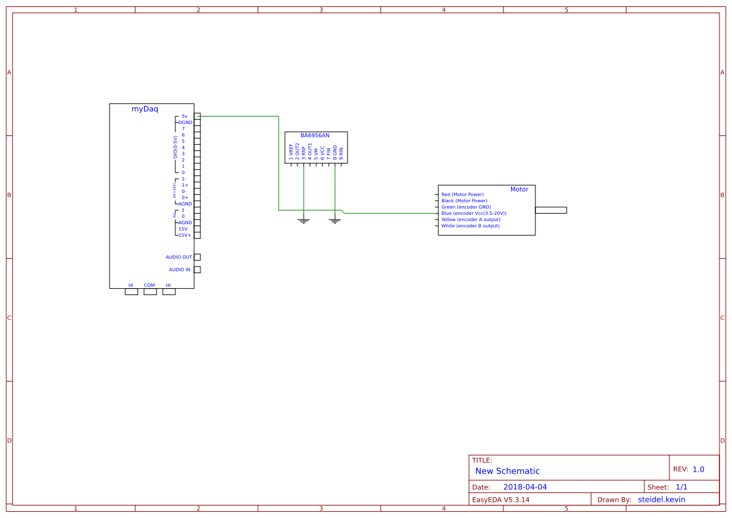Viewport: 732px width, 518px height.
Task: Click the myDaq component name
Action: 145,109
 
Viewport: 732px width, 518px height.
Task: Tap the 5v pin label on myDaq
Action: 184,117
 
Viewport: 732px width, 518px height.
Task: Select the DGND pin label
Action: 185,123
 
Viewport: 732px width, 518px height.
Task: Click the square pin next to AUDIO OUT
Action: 197,257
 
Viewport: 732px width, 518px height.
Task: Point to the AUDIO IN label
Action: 179,270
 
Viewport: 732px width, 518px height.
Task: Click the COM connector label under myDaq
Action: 149,286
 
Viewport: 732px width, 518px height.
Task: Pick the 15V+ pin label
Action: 185,236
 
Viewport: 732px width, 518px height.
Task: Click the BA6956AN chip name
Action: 315,135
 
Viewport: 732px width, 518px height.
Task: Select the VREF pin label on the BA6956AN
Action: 291,150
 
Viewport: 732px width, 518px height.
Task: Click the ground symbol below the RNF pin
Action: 304,220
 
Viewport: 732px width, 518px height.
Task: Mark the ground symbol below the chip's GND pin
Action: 335,220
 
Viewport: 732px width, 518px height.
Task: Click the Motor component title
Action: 519,189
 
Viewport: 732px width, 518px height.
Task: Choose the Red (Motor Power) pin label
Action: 462,195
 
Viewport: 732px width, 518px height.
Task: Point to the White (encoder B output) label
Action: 470,225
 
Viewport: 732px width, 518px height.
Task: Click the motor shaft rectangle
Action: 551,210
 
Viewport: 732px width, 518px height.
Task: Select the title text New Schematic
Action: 507,471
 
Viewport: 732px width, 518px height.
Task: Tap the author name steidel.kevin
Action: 661,500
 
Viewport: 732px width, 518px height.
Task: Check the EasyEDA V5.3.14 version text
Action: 500,500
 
